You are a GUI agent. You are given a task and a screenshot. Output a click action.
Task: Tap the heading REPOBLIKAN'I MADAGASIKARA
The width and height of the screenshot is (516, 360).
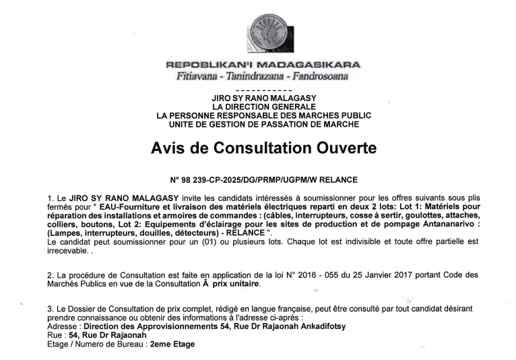(263, 65)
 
